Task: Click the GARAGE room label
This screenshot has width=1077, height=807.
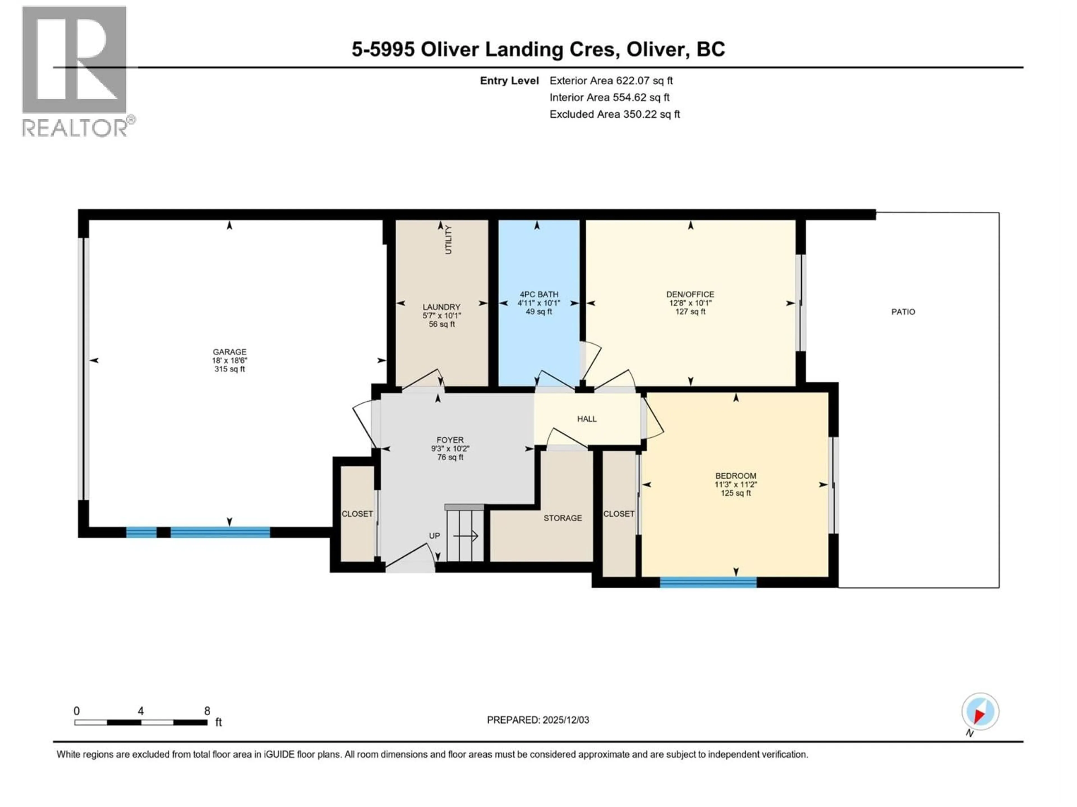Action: [229, 352]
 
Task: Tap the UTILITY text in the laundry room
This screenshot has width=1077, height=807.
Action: [448, 240]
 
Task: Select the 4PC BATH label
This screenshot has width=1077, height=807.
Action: [538, 294]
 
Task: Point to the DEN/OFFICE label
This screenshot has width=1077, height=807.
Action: [690, 294]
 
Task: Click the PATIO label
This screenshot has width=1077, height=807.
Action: [903, 312]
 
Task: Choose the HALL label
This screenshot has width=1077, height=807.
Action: [587, 419]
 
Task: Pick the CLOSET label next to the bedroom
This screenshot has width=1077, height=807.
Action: [618, 514]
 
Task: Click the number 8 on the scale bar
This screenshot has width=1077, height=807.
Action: [207, 711]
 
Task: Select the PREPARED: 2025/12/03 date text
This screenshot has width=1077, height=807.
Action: [538, 720]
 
